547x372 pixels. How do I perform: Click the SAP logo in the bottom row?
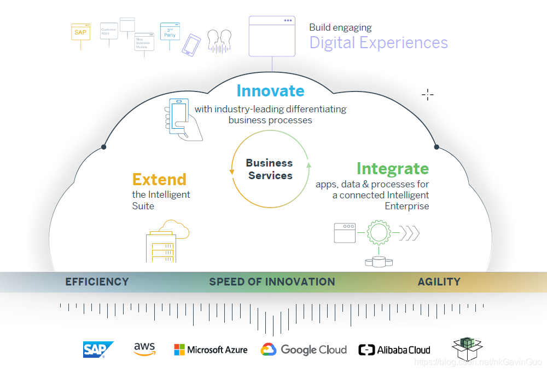98,350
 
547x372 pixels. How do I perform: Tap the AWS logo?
144,349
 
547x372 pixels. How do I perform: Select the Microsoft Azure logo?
211,350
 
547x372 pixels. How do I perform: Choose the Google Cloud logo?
304,350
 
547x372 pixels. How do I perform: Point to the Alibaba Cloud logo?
394,350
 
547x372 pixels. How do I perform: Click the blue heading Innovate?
270,90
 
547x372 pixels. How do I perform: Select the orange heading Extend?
159,179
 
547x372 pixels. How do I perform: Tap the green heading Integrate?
393,168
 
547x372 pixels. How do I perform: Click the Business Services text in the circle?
270,169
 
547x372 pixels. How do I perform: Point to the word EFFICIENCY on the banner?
97,282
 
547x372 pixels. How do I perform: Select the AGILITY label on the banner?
439,282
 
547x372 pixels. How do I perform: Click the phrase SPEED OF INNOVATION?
272,282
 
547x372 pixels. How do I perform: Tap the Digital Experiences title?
379,42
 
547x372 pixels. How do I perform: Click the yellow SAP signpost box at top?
81,32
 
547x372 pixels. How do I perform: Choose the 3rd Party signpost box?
170,32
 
